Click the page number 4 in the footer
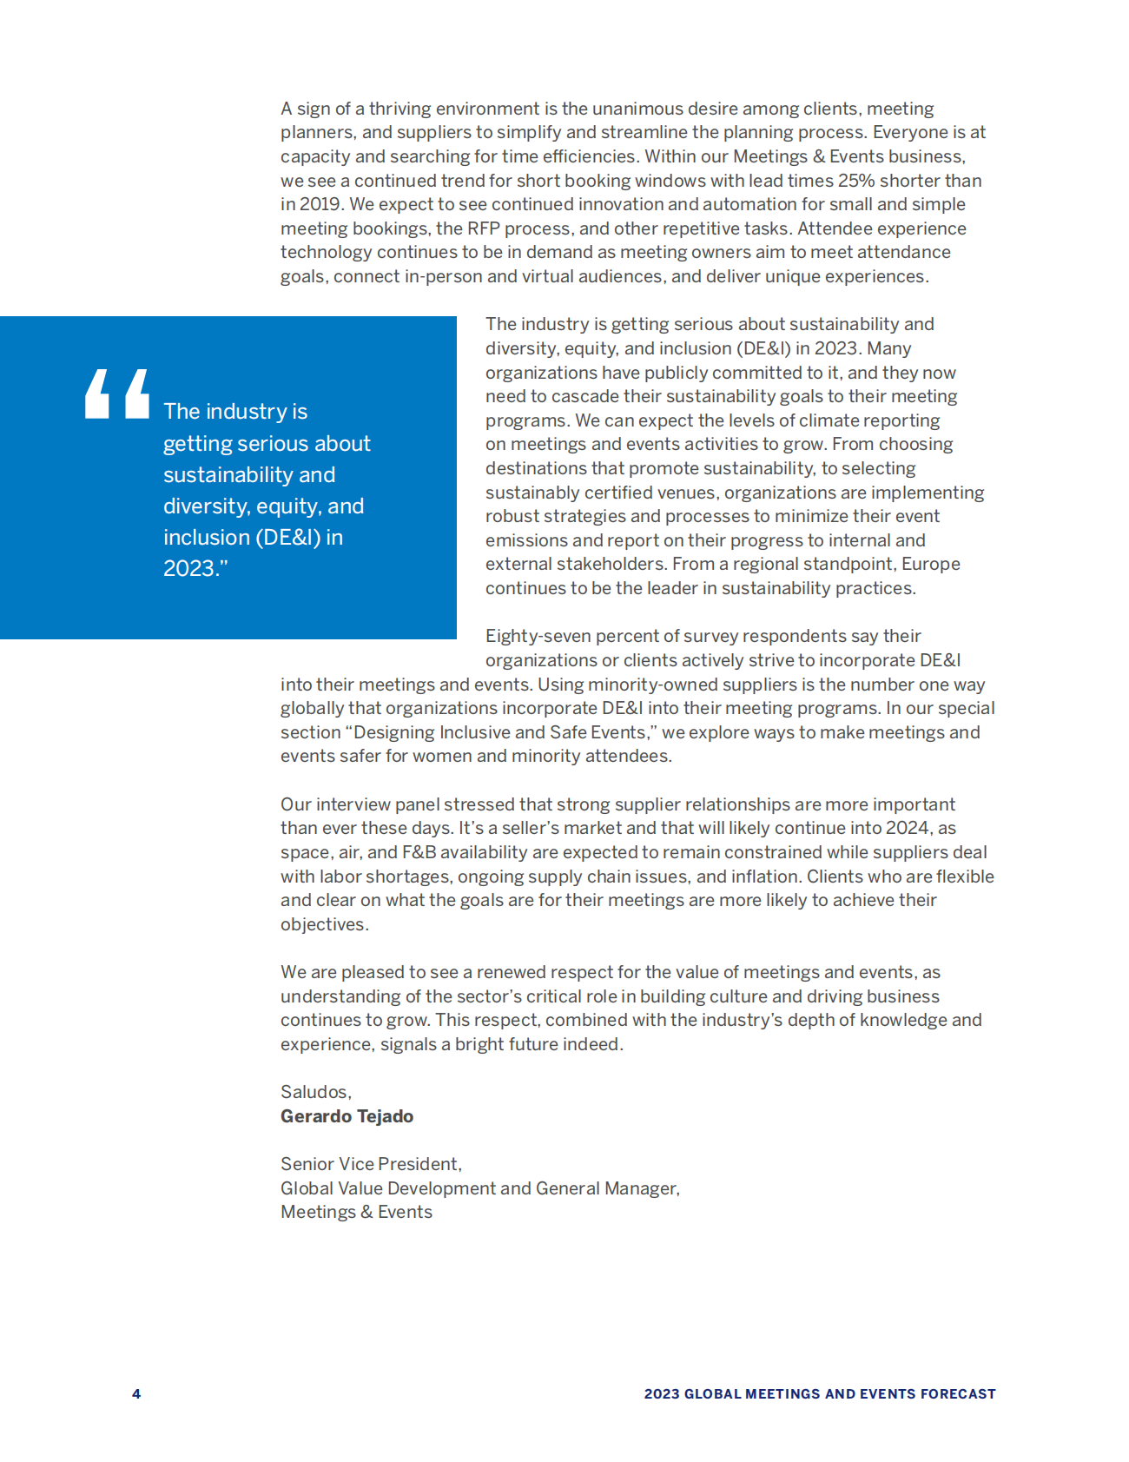coord(136,1393)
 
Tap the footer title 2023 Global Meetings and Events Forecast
coord(819,1393)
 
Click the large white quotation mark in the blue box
coord(117,394)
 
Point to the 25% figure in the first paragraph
coord(856,181)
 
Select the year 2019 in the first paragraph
coord(319,204)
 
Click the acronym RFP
coord(484,228)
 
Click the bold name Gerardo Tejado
coord(347,1116)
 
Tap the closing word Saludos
coord(314,1092)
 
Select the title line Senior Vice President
coord(371,1164)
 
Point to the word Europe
coord(930,564)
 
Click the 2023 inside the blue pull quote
coord(189,568)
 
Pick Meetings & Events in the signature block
coord(356,1212)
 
